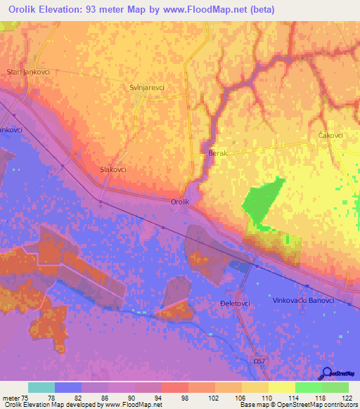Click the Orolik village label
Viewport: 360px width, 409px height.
[181, 202]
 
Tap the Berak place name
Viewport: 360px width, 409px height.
[218, 152]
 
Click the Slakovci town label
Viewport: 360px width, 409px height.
[113, 170]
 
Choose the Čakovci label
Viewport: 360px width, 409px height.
[330, 136]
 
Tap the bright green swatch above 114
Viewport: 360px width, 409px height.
[308, 387]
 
